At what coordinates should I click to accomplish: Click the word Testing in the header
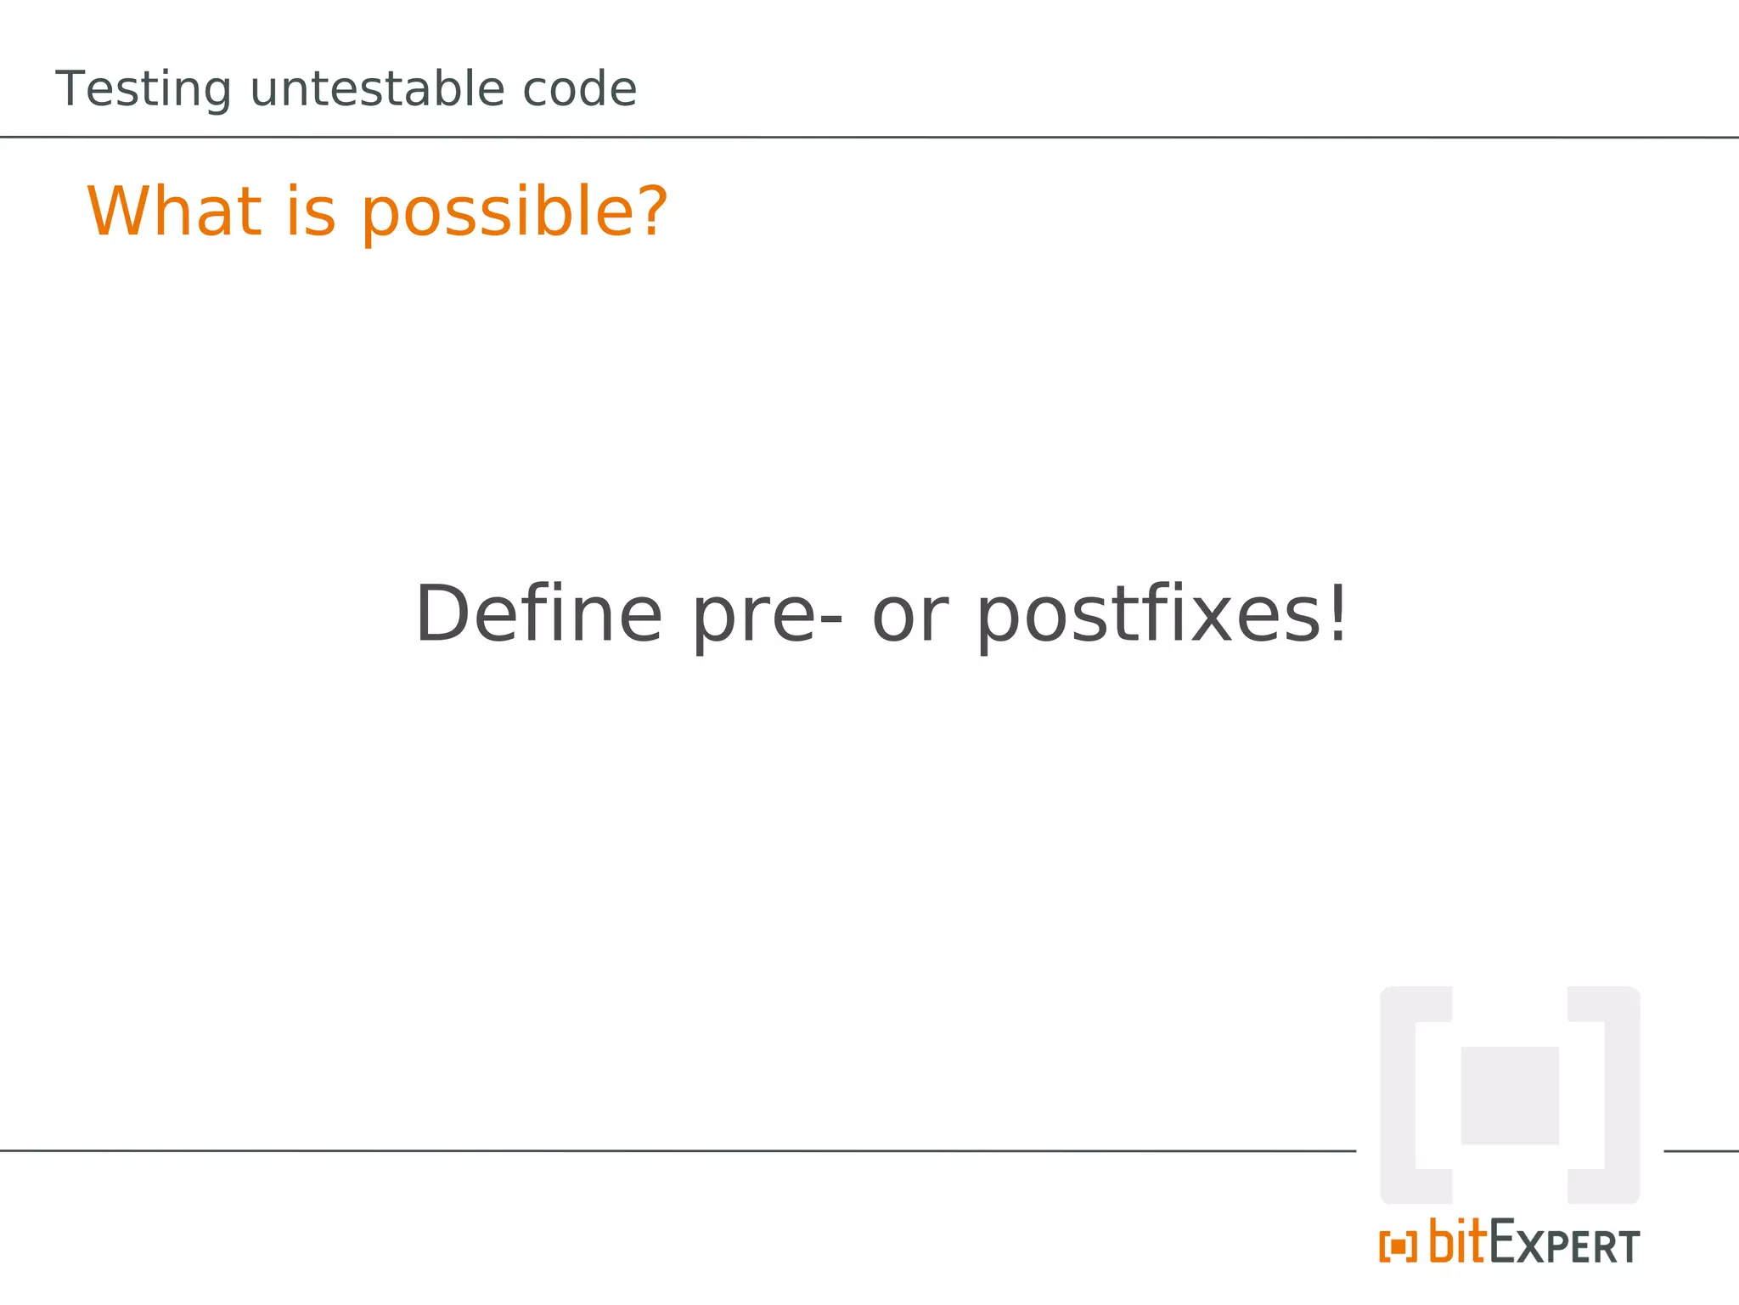tap(143, 90)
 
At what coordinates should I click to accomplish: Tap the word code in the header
tap(579, 88)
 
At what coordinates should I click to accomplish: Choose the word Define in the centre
tap(537, 614)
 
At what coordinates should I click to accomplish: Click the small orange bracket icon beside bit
tap(1398, 1246)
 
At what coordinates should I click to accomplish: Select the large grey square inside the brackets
tap(1510, 1095)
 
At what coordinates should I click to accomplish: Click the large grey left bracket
tap(1399, 1095)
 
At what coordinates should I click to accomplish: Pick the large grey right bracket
tap(1621, 1095)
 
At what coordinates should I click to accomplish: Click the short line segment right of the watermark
tap(1701, 1151)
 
